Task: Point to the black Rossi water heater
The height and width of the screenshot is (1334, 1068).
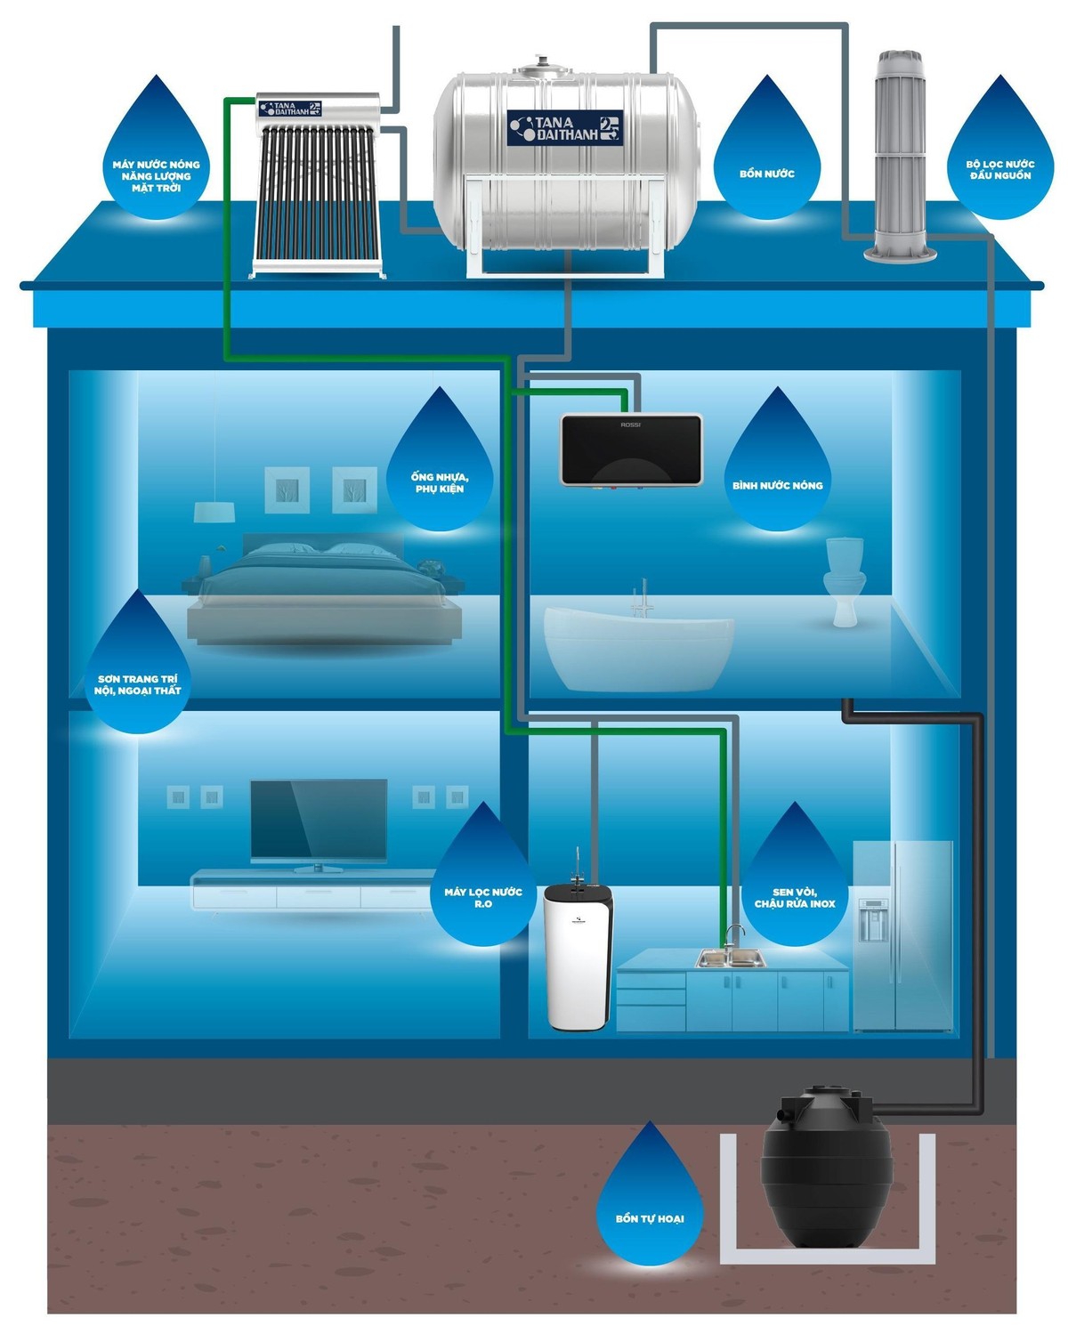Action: pyautogui.click(x=631, y=449)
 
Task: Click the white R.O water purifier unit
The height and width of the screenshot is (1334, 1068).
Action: pyautogui.click(x=578, y=957)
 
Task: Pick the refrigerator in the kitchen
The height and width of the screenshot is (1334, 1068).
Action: pyautogui.click(x=902, y=934)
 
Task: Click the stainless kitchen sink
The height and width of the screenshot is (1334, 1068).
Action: pyautogui.click(x=730, y=958)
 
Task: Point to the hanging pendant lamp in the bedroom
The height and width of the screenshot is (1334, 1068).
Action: pyautogui.click(x=214, y=512)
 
